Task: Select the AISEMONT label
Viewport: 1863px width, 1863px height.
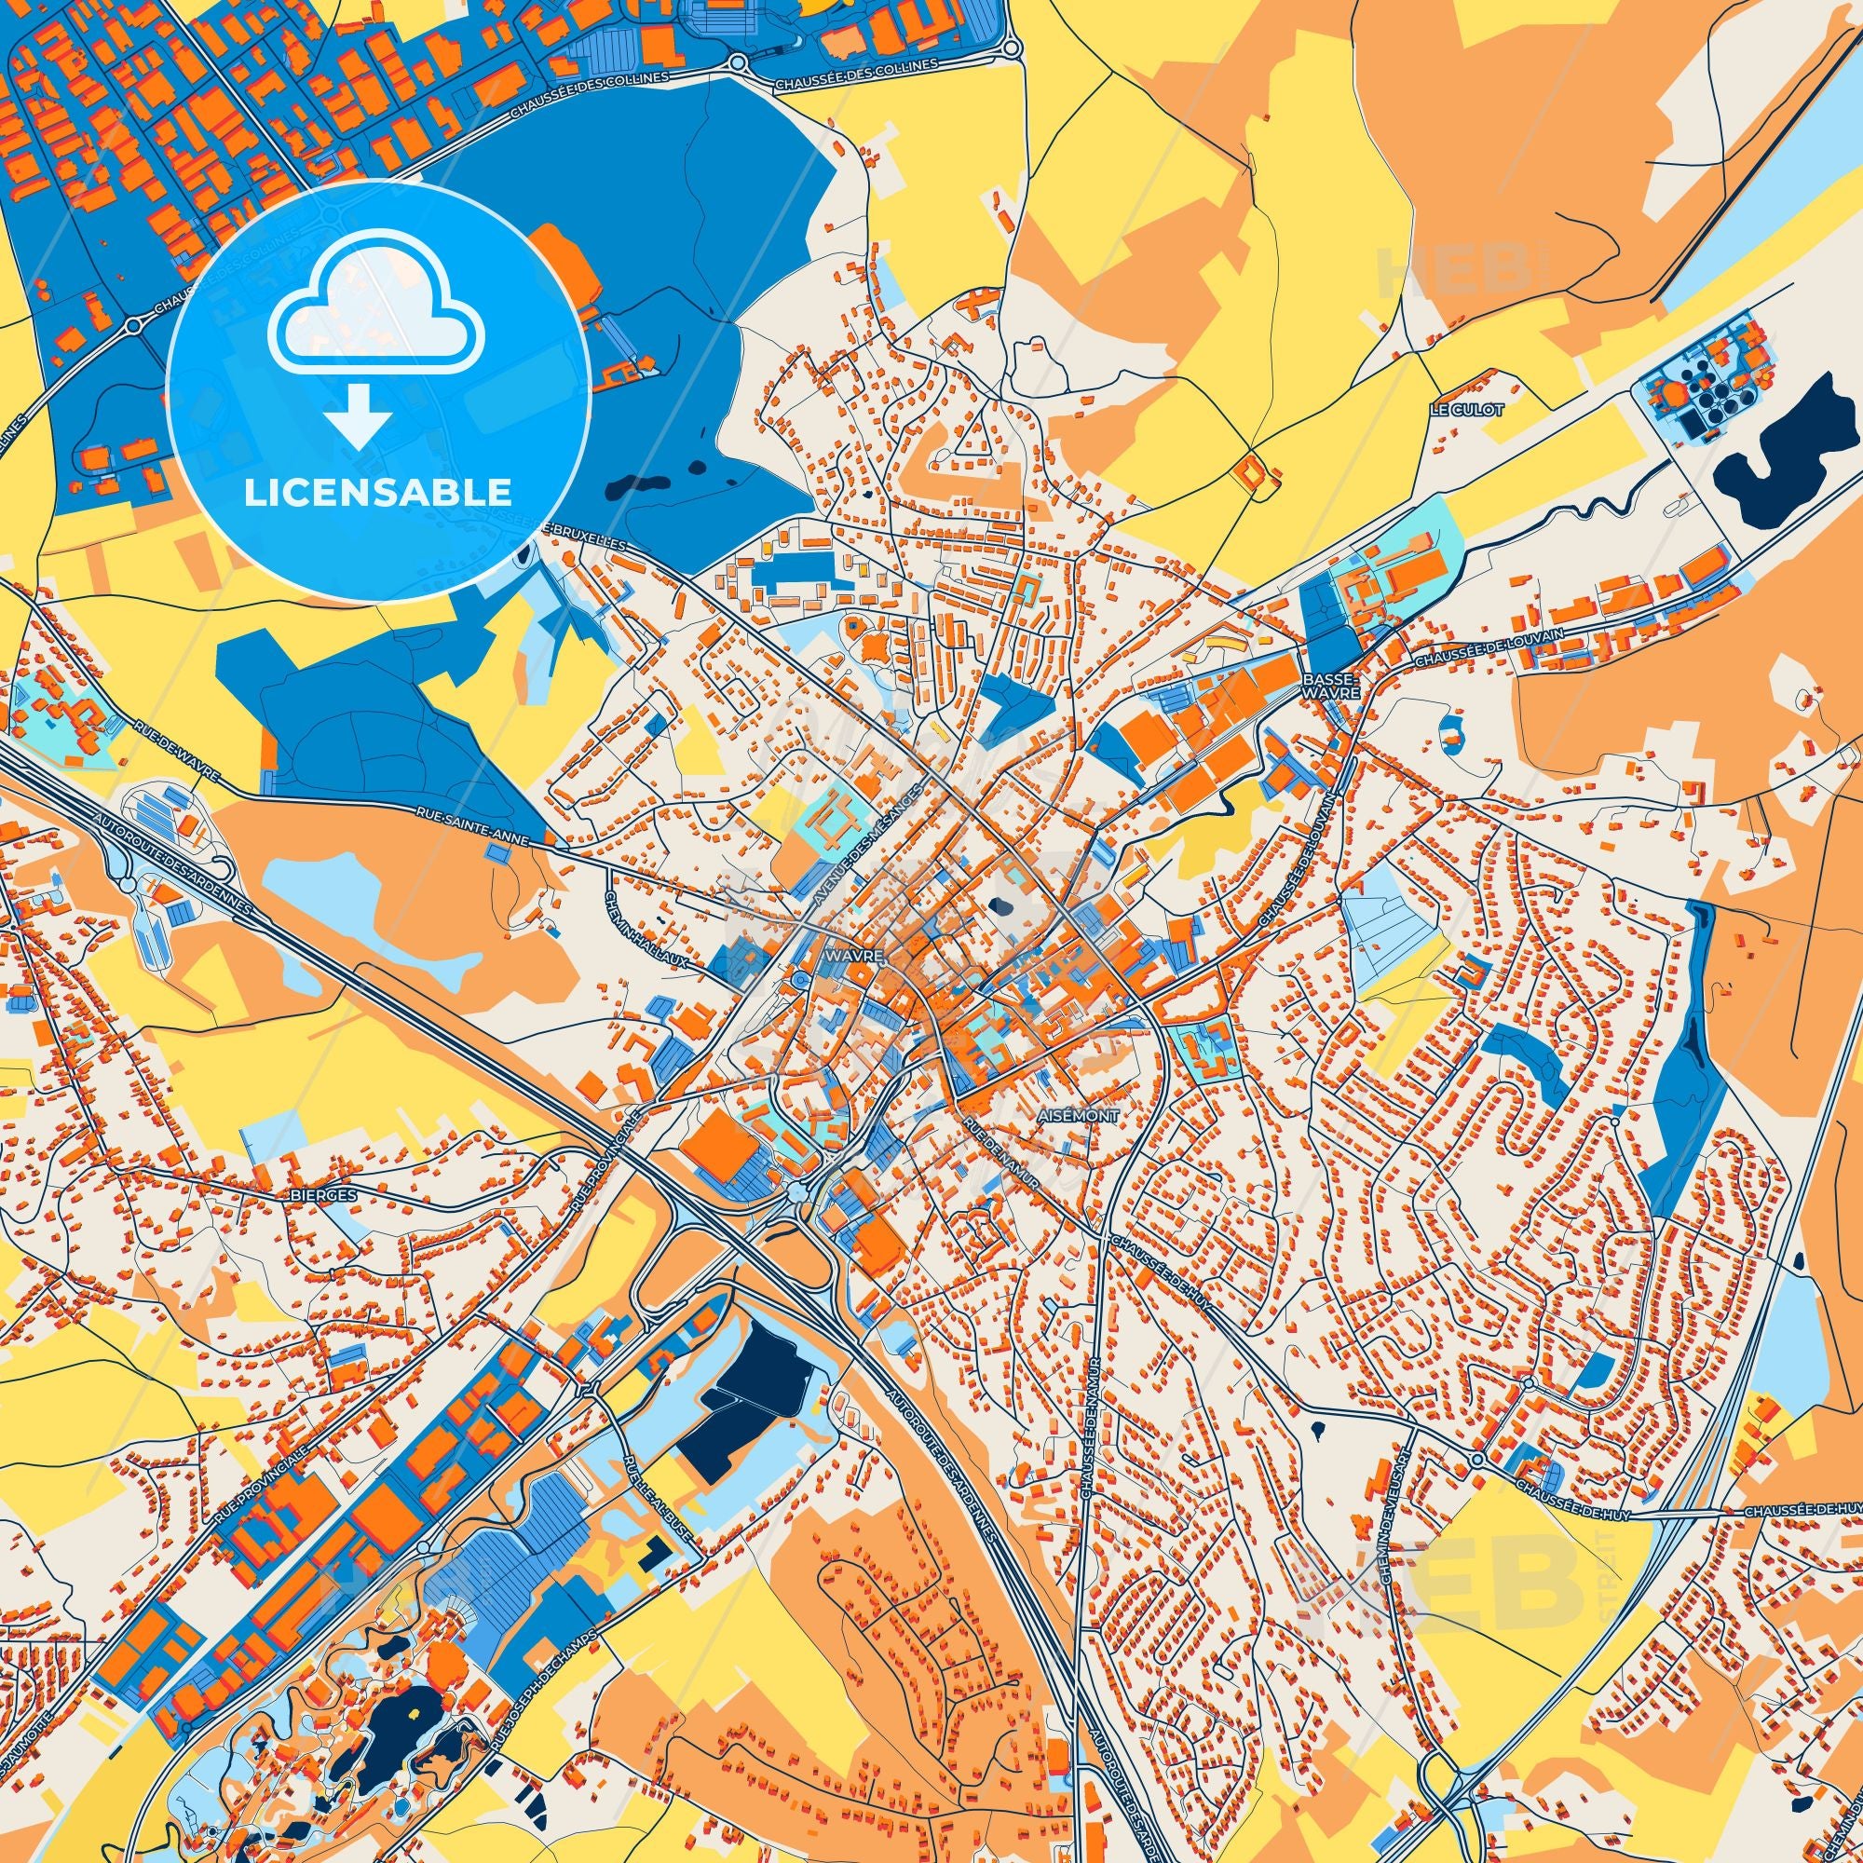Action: [1079, 1116]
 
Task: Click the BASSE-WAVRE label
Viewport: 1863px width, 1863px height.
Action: [1330, 686]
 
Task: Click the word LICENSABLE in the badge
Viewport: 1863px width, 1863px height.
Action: [378, 493]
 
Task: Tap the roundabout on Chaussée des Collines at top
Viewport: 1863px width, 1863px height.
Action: [738, 63]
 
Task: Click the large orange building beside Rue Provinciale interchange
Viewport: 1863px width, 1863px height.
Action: [717, 1145]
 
